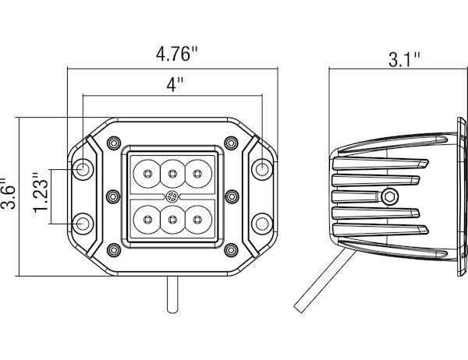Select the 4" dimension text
coord(174,86)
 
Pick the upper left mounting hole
coord(83,168)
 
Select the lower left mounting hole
coord(83,224)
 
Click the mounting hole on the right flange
coord(263,168)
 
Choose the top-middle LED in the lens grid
coord(172,173)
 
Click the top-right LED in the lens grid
coord(198,173)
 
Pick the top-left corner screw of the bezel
coord(115,142)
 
